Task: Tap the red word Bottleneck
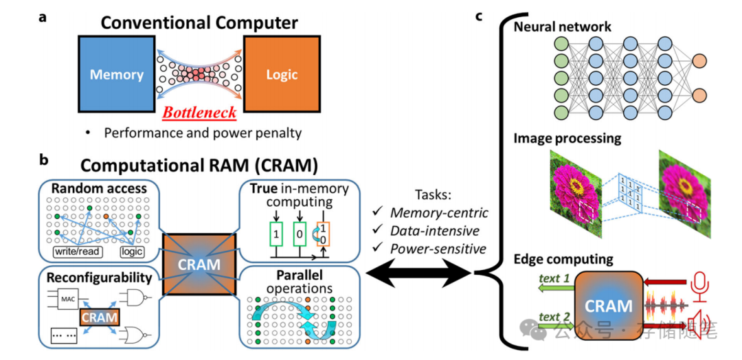(199, 112)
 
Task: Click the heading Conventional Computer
(199, 22)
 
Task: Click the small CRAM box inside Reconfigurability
(99, 317)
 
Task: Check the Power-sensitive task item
(438, 248)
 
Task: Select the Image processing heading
(567, 138)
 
